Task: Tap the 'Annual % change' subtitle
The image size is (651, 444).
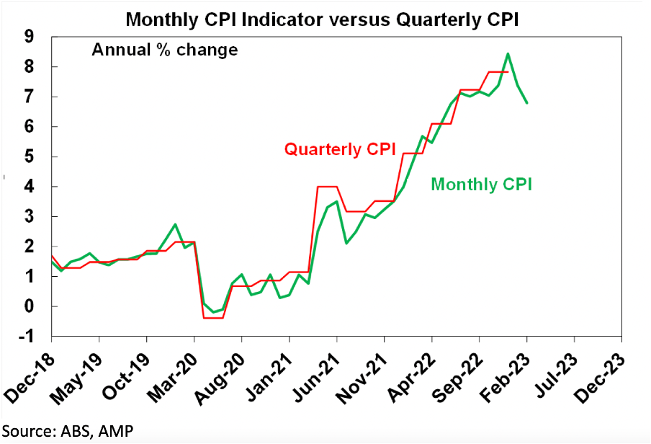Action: (164, 50)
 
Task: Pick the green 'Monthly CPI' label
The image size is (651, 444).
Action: (481, 184)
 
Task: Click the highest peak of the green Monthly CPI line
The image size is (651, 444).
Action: (508, 53)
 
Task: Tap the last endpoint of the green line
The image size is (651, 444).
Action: (526, 102)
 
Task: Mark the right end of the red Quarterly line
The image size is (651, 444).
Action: (508, 72)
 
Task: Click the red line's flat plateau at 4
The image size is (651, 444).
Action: (328, 187)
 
